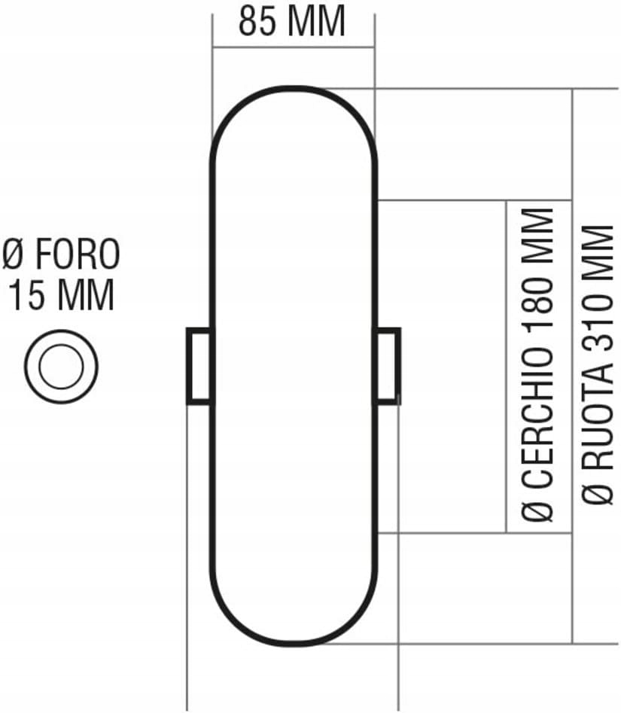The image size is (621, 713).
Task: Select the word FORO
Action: (78, 256)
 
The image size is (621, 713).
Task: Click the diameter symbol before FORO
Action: (15, 256)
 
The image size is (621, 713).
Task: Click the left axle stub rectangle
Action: (199, 366)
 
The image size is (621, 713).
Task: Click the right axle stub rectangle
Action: (388, 366)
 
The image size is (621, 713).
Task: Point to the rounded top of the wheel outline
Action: (293, 89)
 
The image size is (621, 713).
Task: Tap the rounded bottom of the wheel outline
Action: (293, 644)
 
